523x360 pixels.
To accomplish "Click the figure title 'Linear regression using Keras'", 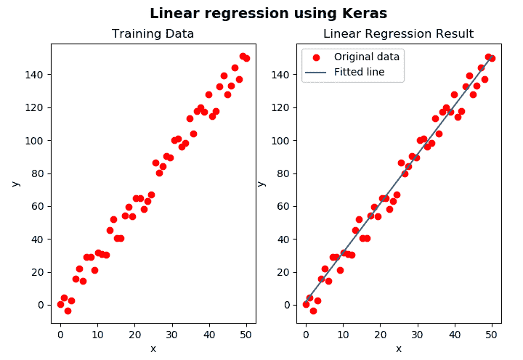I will tap(268, 14).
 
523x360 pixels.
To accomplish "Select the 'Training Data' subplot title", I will tap(153, 34).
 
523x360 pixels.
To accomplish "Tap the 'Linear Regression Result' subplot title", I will tap(398, 34).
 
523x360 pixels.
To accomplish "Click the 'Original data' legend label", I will tap(367, 57).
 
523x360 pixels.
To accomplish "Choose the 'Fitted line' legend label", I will tap(359, 72).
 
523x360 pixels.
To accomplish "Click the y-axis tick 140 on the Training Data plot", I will tap(36, 75).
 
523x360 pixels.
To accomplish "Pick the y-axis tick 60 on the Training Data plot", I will tap(38, 206).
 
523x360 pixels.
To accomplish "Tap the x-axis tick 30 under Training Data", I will tap(171, 335).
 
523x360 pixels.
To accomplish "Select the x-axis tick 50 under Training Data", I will tap(246, 335).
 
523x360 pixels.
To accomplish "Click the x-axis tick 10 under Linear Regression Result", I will tap(343, 335).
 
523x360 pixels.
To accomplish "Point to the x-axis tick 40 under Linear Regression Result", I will tap(454, 335).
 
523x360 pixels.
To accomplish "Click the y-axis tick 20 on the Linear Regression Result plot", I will tap(283, 272).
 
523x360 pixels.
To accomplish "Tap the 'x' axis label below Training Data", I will tap(153, 348).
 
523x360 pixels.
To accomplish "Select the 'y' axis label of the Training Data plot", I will tap(15, 184).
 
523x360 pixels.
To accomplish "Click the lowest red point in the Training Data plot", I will tap(68, 311).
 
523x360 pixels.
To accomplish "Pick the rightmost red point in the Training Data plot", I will tap(246, 58).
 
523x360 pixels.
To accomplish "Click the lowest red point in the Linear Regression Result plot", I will tap(313, 311).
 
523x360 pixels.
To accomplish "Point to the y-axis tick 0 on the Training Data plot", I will tap(41, 305).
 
